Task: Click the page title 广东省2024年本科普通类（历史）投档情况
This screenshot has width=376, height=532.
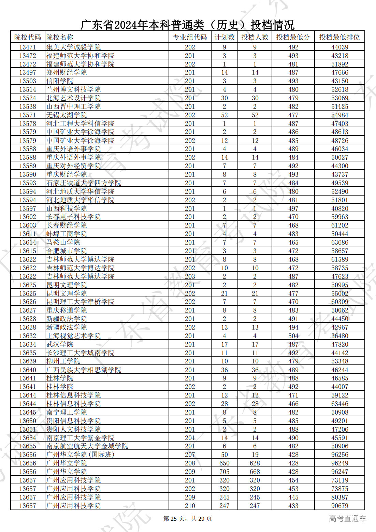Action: click(x=187, y=25)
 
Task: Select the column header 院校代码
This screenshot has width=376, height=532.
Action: click(x=28, y=37)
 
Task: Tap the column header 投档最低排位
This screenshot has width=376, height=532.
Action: click(x=339, y=37)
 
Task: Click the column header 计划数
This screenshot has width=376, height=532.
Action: click(x=224, y=37)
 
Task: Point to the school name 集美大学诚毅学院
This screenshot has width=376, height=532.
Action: click(x=73, y=47)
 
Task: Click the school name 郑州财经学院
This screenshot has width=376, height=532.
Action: click(x=67, y=72)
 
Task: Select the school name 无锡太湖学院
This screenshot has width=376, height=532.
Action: click(x=67, y=115)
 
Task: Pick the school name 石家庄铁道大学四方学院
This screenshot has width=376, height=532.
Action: click(x=84, y=183)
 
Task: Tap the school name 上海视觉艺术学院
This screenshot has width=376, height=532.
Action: click(x=73, y=336)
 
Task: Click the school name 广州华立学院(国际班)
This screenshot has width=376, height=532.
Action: click(x=80, y=455)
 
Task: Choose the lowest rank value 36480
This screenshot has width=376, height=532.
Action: click(x=339, y=336)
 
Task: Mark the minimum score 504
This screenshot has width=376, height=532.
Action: click(x=293, y=336)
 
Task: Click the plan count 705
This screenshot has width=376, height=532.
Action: click(x=224, y=472)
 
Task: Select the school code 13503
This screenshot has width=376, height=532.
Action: click(x=28, y=81)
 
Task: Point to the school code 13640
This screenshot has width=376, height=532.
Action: click(x=28, y=370)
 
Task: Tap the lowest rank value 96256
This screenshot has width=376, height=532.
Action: click(x=339, y=455)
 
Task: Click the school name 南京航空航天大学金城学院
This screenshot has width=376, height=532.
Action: click(x=87, y=446)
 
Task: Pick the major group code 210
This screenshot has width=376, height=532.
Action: click(x=190, y=506)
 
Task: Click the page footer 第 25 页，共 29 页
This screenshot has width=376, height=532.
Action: click(x=187, y=519)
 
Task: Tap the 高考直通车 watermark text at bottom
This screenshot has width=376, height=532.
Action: click(x=347, y=519)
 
